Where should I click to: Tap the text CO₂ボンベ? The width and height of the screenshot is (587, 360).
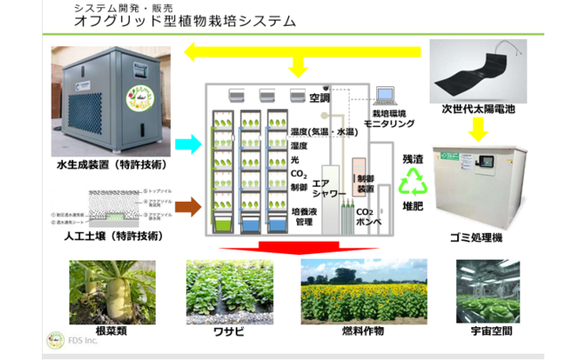click(x=366, y=216)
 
